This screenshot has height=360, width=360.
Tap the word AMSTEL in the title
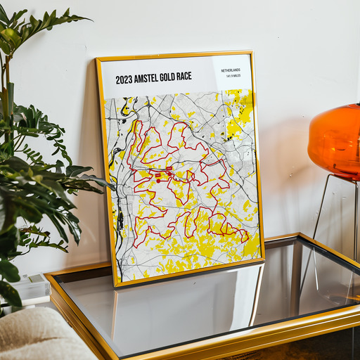click(152, 78)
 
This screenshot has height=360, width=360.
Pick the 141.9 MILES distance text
click(231, 77)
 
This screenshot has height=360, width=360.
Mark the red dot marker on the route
click(159, 180)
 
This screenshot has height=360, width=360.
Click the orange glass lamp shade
click(336, 141)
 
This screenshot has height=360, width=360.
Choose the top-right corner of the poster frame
click(252, 53)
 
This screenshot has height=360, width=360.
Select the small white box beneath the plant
click(28, 288)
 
